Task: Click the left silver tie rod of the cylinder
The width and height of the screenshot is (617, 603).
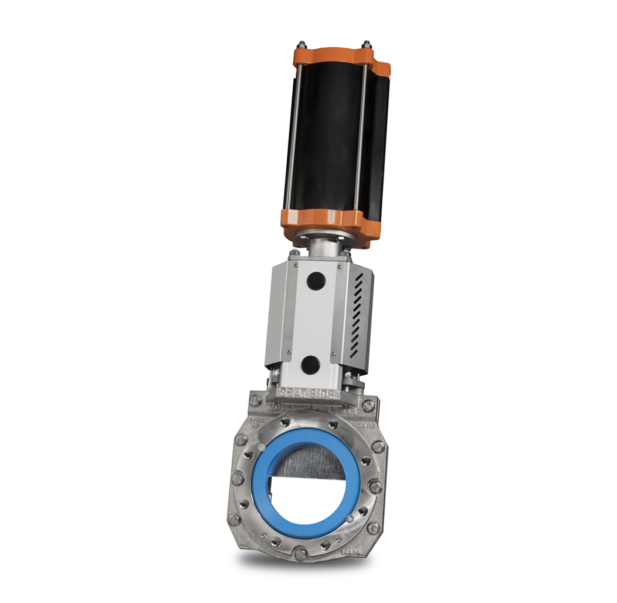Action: [x=293, y=135]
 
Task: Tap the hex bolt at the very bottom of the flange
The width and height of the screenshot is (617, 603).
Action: [x=300, y=554]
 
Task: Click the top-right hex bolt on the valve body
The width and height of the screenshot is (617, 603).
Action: [x=367, y=406]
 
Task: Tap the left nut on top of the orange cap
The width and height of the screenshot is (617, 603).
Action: [x=301, y=45]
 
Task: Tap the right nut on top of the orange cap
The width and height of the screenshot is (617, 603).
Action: [x=367, y=45]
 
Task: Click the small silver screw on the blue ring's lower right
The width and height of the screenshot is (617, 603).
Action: [x=350, y=518]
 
